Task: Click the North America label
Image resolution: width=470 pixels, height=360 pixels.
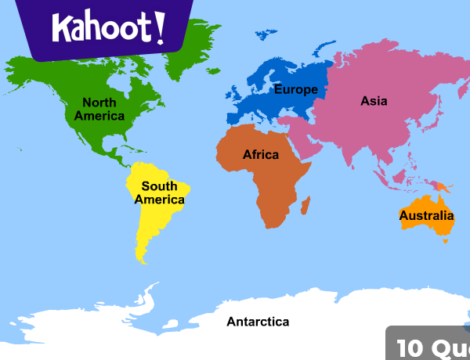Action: (99, 110)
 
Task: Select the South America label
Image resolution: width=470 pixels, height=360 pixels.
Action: (159, 193)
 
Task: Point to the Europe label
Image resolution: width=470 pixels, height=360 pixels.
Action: (295, 89)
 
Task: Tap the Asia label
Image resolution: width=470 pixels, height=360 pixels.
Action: (374, 101)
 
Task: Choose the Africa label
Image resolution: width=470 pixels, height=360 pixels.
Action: (260, 155)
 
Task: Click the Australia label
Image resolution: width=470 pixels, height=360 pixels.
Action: (426, 215)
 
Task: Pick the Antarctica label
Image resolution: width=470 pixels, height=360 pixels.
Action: (258, 322)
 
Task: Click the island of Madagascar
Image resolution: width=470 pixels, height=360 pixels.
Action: (305, 205)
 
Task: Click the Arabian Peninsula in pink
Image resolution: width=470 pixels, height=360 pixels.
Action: (302, 141)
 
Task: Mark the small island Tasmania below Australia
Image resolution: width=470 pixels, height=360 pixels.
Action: (445, 240)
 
